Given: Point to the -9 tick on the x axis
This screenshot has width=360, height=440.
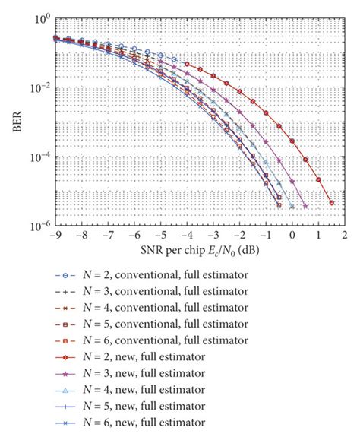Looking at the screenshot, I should pyautogui.click(x=54, y=236).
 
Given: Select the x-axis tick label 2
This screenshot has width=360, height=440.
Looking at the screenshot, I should pyautogui.click(x=344, y=236).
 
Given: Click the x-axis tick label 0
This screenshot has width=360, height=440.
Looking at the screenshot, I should pyautogui.click(x=292, y=236).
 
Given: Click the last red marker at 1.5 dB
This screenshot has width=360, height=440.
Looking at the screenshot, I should pyautogui.click(x=331, y=202).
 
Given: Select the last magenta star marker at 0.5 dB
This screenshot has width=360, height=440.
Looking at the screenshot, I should pyautogui.click(x=305, y=206).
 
